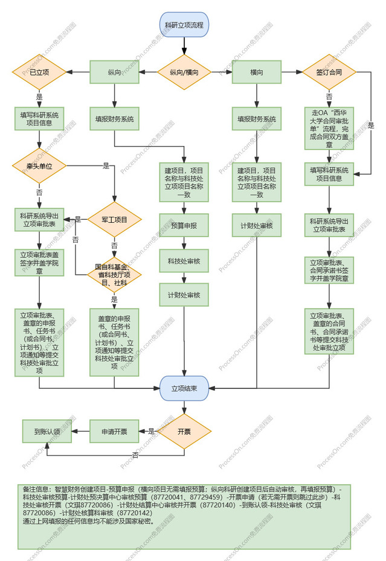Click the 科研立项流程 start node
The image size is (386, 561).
(184, 25)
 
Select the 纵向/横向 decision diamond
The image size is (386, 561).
(184, 72)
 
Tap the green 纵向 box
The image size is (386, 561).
(114, 72)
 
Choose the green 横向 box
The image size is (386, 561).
(256, 72)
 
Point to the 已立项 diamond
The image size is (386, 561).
(39, 72)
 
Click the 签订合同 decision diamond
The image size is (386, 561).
(329, 72)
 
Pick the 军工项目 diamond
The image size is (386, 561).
(114, 219)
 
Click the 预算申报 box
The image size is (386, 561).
(184, 225)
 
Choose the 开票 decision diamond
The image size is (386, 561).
(184, 431)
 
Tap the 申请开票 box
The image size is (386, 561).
(114, 431)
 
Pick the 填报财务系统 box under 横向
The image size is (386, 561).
(256, 119)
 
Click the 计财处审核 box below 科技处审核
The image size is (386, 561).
(184, 295)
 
